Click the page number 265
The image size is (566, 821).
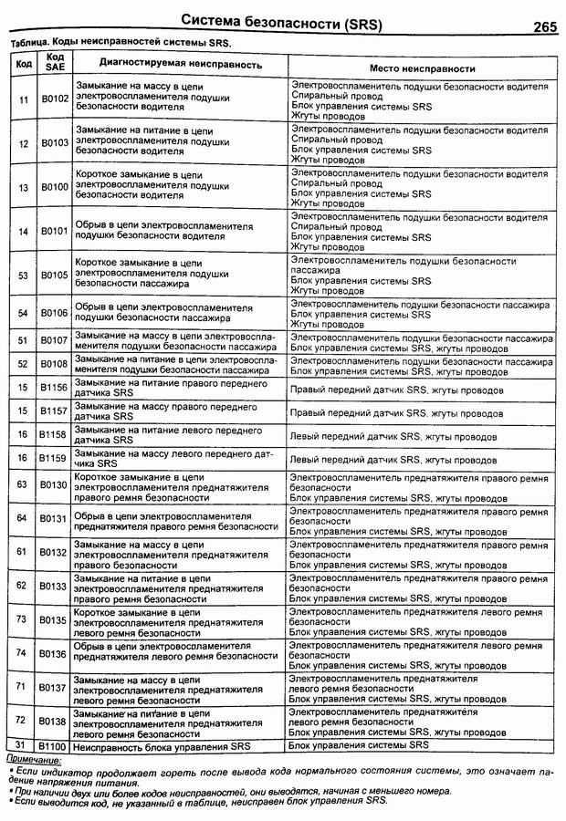pyautogui.click(x=539, y=26)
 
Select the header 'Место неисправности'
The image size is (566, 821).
pyautogui.click(x=421, y=68)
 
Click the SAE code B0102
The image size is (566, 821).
pyautogui.click(x=54, y=99)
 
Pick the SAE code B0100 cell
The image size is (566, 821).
pyautogui.click(x=54, y=187)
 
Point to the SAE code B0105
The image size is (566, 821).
pyautogui.click(x=54, y=275)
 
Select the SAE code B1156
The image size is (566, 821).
pyautogui.click(x=54, y=388)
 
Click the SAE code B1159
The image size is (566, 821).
pyautogui.click(x=54, y=457)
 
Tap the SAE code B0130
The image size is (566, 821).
pyautogui.click(x=54, y=486)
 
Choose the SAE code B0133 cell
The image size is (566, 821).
pyautogui.click(x=54, y=586)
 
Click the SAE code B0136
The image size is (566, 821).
pyautogui.click(x=54, y=654)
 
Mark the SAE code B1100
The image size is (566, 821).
pyautogui.click(x=54, y=745)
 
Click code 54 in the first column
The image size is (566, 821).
pyautogui.click(x=22, y=313)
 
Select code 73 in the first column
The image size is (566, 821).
pyautogui.click(x=22, y=620)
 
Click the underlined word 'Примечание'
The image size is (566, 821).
pyautogui.click(x=34, y=759)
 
